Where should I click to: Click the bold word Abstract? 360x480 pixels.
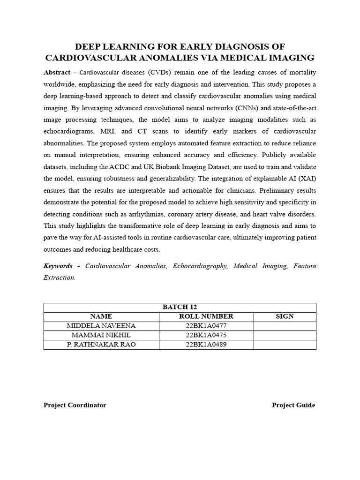pos(56,73)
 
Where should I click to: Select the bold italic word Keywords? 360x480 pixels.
pos(58,266)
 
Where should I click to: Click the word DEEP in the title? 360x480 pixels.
pos(88,46)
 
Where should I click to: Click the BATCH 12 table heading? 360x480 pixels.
pos(180,307)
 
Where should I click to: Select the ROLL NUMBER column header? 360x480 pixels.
pos(206,317)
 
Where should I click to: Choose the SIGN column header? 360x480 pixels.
pos(285,317)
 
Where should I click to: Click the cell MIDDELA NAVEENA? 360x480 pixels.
pos(101,326)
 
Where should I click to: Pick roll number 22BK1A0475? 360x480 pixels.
pos(206,336)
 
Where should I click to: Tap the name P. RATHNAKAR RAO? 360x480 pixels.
pos(101,345)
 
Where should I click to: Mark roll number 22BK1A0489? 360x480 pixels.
pos(206,345)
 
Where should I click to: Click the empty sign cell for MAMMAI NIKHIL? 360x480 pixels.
pos(285,336)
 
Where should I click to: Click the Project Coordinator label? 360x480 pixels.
pos(75,405)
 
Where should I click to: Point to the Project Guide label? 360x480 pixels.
pos(293,405)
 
